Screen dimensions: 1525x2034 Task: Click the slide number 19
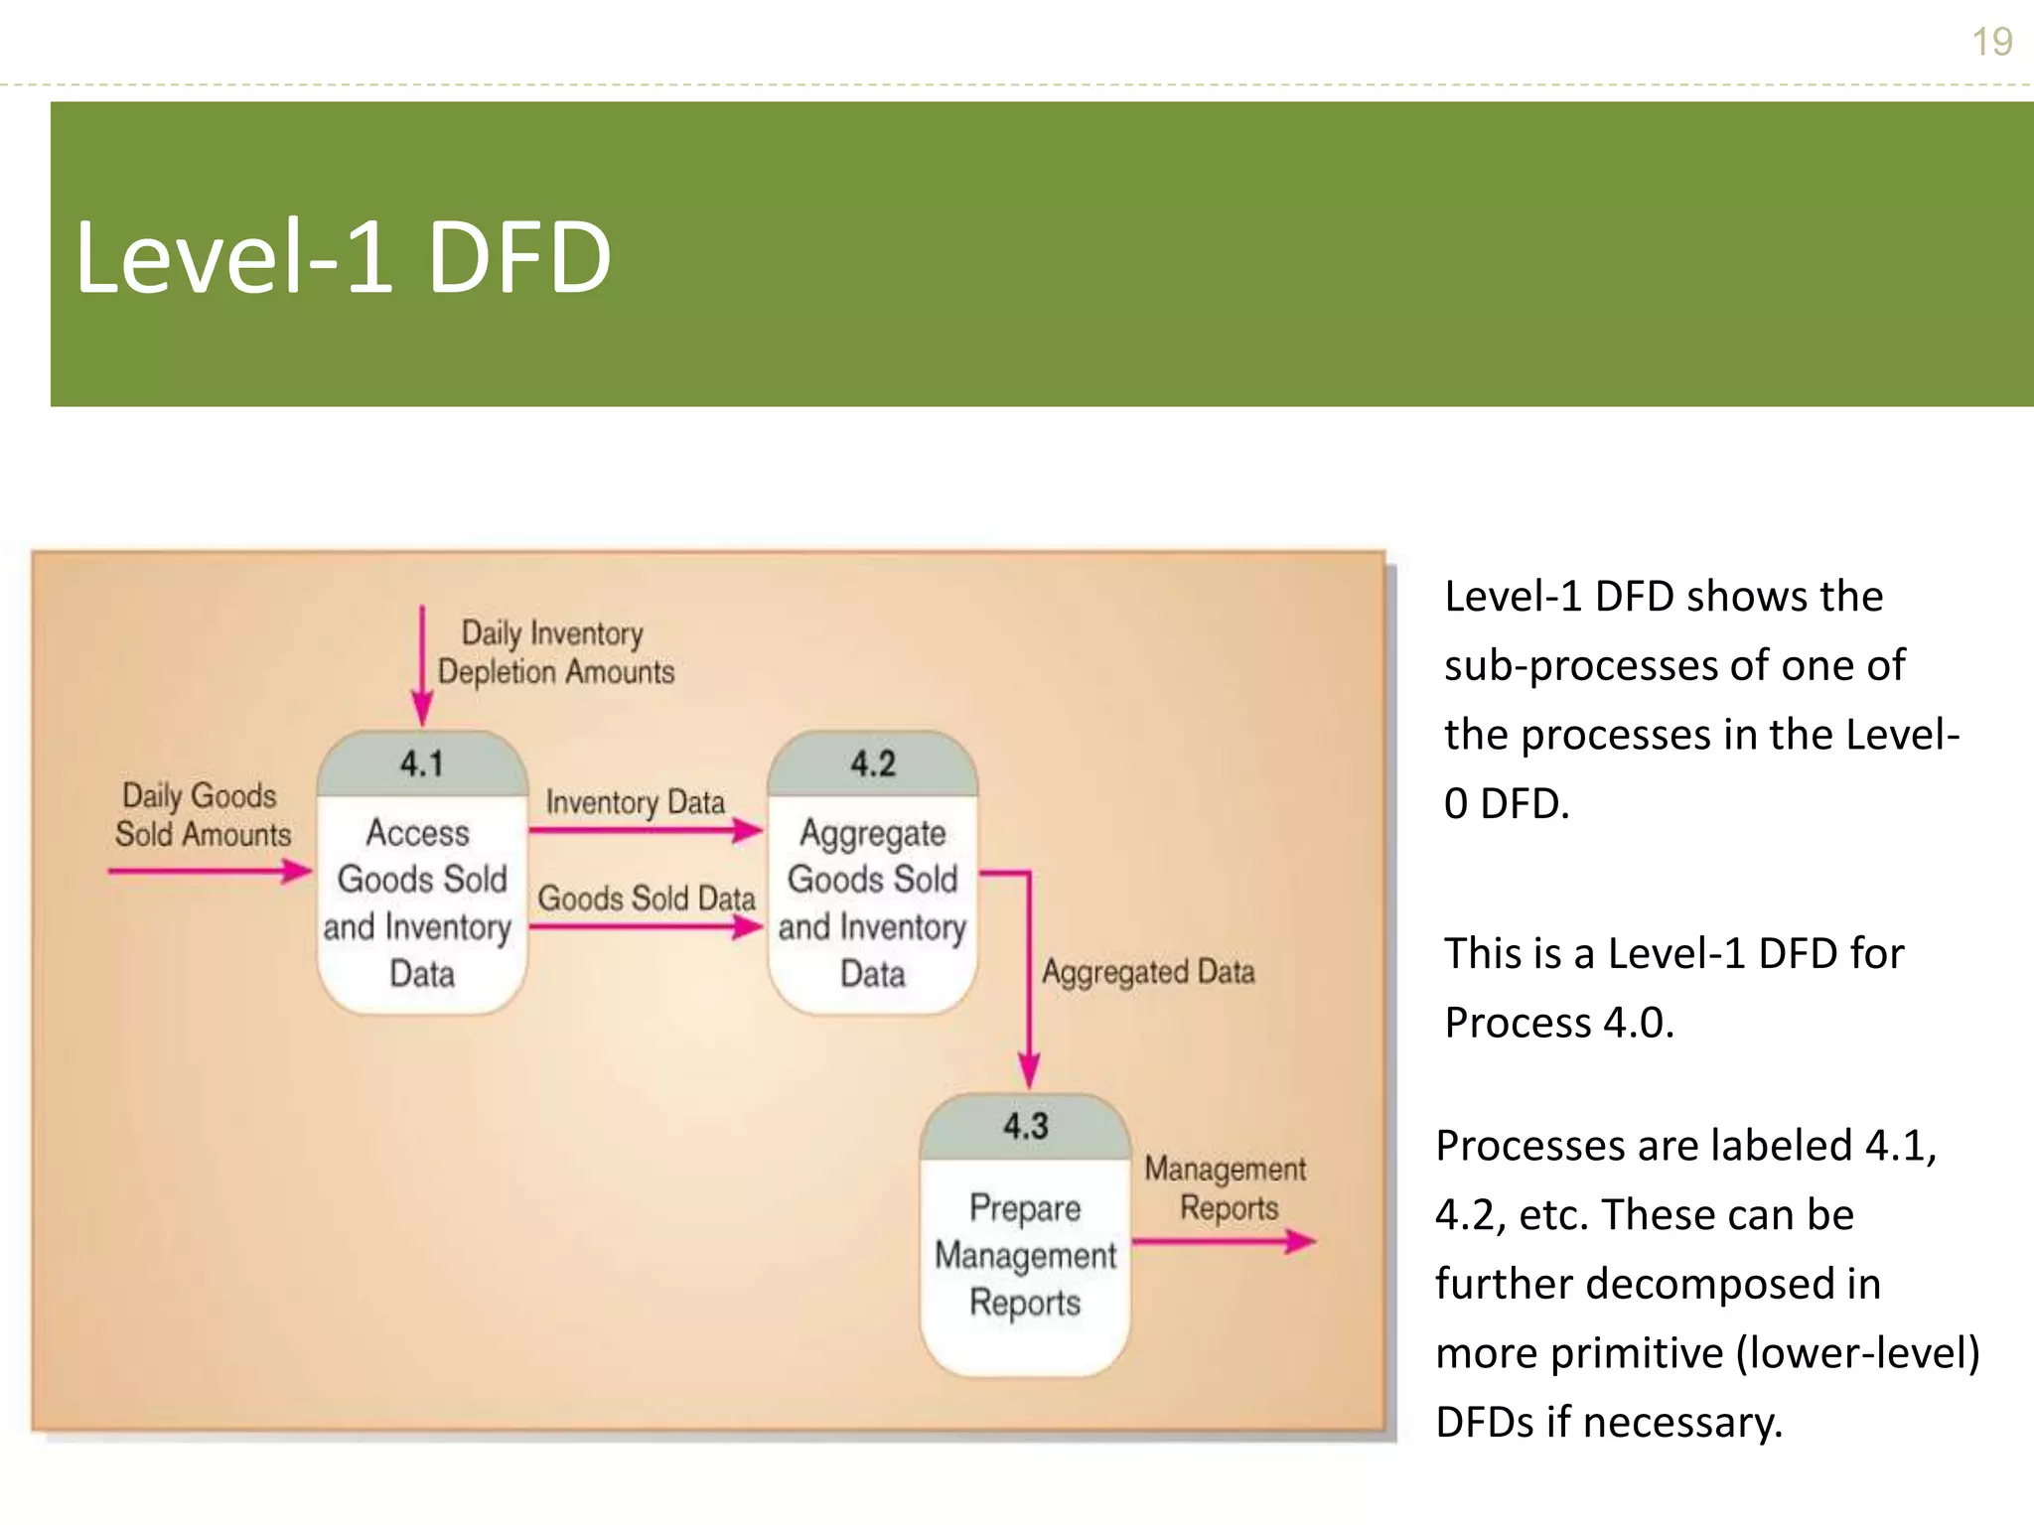[1991, 42]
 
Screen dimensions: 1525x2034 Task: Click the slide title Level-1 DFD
[343, 257]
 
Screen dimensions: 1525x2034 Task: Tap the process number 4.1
[422, 763]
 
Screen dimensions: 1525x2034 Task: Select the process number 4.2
[873, 763]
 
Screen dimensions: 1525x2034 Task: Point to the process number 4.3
[1025, 1126]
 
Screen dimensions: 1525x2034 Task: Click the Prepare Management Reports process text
[1025, 1255]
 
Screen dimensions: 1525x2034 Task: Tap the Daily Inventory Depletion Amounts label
[555, 652]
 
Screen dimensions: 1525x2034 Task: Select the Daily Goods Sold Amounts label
[202, 815]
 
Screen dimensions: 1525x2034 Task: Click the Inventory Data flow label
[636, 801]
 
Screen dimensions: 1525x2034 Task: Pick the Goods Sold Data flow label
[647, 898]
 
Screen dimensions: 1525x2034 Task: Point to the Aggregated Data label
[1148, 971]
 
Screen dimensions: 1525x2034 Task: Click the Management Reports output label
[1227, 1188]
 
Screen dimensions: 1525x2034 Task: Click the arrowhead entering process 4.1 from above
[422, 710]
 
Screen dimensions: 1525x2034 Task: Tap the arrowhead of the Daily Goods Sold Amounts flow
[296, 872]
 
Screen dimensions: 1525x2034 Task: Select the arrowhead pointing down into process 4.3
[1029, 1074]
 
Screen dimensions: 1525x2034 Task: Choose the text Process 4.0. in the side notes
[1559, 1023]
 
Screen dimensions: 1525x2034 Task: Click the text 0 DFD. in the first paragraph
[1507, 803]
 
